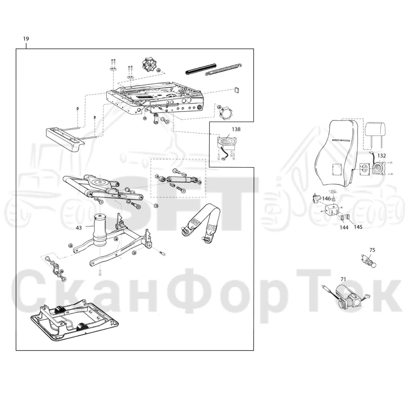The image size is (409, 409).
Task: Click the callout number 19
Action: [x=26, y=39]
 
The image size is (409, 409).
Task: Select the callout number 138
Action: [x=236, y=129]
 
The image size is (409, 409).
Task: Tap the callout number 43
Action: [x=79, y=228]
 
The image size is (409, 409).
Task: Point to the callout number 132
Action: [x=382, y=156]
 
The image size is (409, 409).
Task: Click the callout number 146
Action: [x=326, y=198]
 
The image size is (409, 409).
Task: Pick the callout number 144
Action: [x=344, y=228]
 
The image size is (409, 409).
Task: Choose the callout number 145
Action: [x=358, y=227]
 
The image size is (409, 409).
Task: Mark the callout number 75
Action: [x=372, y=250]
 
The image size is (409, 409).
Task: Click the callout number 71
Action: [x=343, y=279]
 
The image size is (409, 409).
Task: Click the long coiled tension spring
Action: [x=224, y=69]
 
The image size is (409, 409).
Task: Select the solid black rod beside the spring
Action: [x=201, y=69]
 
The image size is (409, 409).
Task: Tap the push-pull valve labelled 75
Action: [x=369, y=260]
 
